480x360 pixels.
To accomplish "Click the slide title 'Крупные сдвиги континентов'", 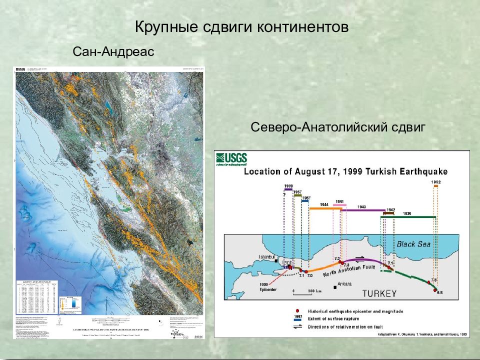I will click(x=241, y=27).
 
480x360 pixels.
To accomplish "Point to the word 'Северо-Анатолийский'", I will click(x=316, y=127).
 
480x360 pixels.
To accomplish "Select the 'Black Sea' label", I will click(x=413, y=244).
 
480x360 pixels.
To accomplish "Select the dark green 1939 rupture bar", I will click(x=408, y=217).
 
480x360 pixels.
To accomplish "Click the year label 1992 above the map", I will click(x=434, y=182).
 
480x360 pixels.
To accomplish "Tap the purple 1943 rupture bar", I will click(x=362, y=210).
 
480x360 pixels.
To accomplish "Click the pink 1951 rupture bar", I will click(x=339, y=205).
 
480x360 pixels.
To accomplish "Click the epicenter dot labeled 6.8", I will click(x=435, y=290).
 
